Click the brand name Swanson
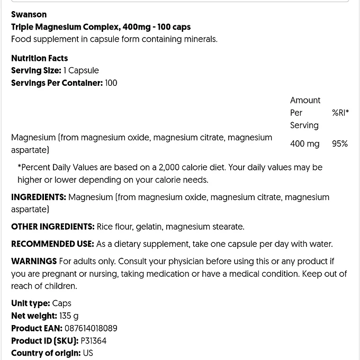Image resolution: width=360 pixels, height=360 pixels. click(29, 14)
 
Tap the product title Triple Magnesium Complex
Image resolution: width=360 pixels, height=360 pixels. click(66, 27)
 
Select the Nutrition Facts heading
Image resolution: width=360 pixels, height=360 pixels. click(39, 58)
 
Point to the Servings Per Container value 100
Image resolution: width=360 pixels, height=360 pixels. click(111, 83)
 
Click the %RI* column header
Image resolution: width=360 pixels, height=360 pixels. click(340, 113)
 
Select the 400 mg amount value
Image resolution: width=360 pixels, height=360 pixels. click(304, 144)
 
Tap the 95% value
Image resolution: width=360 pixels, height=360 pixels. click(340, 144)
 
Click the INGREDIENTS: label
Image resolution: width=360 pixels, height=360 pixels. click(39, 197)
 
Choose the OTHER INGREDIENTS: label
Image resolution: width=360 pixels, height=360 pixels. click(52, 227)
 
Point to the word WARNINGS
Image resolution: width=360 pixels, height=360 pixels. click(34, 262)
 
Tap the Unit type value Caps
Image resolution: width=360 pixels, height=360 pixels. click(62, 304)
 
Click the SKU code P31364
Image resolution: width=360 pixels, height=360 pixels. click(94, 341)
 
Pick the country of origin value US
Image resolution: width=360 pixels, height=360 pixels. click(88, 354)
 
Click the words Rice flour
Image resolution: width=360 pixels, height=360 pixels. click(114, 227)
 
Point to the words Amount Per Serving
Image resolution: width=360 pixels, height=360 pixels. click(305, 113)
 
